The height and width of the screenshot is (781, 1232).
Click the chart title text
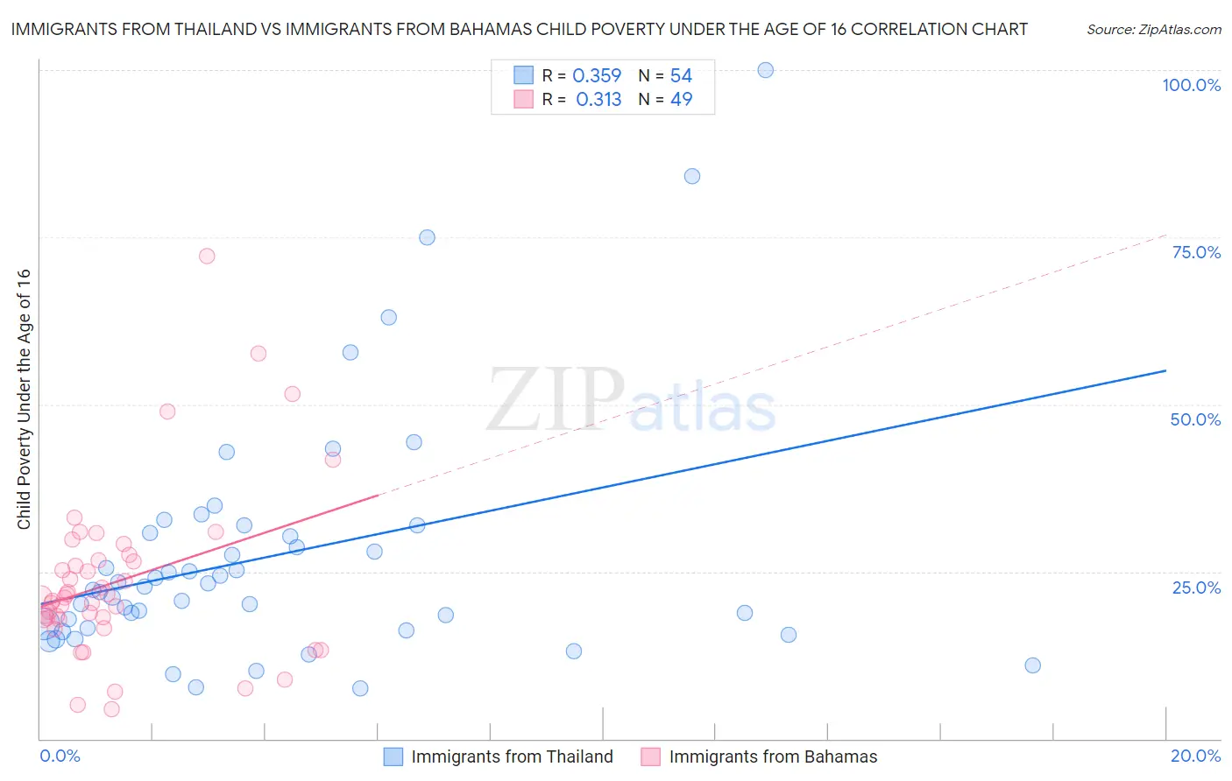tap(519, 29)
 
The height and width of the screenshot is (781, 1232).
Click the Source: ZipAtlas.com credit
tap(1153, 29)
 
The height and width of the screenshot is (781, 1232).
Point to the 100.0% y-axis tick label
tap(1191, 85)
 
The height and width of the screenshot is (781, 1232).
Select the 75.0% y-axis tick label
tap(1196, 252)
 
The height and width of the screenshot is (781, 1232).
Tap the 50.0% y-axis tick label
tap(1195, 419)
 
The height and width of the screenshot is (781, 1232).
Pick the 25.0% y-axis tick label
tap(1196, 587)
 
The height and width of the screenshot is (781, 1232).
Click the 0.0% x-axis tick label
tap(60, 756)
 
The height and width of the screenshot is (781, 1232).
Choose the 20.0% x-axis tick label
tap(1195, 756)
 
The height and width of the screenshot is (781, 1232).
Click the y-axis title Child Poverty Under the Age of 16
tap(24, 398)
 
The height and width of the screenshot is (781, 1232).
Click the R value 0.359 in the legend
tap(597, 76)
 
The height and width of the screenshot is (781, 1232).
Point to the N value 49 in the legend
tap(681, 100)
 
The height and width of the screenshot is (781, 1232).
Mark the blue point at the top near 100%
tap(765, 70)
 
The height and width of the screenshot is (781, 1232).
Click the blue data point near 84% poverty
tap(692, 176)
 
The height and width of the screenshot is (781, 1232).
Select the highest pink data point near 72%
tap(207, 256)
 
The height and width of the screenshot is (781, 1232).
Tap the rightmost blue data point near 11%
tap(1032, 665)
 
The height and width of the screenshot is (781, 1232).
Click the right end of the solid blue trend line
tap(1165, 371)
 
